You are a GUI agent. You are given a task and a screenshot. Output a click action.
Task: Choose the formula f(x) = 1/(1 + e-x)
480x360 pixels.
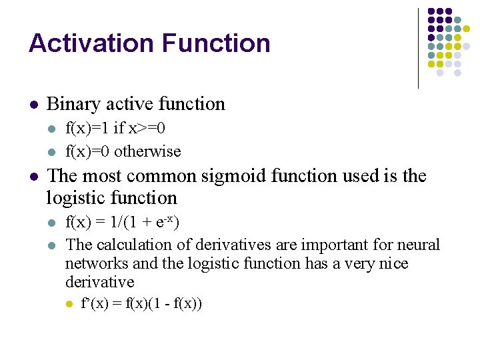click(x=122, y=221)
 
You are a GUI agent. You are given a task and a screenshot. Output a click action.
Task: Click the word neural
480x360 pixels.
click(x=419, y=245)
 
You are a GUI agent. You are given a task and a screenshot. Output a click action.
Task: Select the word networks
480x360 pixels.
click(x=93, y=263)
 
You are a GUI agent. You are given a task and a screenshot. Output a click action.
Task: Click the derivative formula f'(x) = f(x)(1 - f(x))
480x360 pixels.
click(x=141, y=304)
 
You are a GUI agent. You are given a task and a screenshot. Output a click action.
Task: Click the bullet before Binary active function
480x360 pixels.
click(x=33, y=105)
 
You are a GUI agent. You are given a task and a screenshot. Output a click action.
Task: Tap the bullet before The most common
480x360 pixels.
click(x=33, y=177)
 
